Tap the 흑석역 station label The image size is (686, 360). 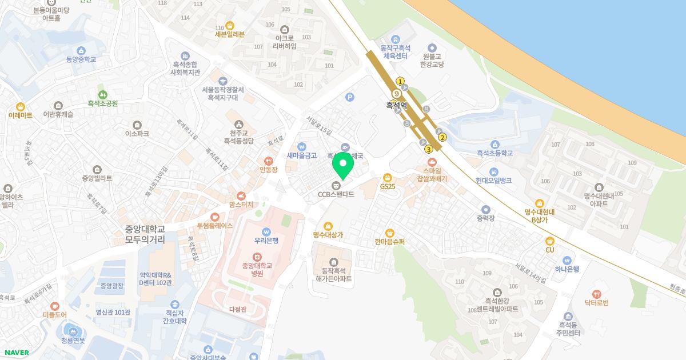pyautogui.click(x=396, y=105)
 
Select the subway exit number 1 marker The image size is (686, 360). pyautogui.click(x=400, y=81)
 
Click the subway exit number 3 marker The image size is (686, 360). pyautogui.click(x=428, y=149)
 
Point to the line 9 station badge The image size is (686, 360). pyautogui.click(x=396, y=94)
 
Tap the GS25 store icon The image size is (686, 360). pyautogui.click(x=388, y=177)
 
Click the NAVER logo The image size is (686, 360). pyautogui.click(x=16, y=353)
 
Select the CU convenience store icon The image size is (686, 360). pyautogui.click(x=550, y=241)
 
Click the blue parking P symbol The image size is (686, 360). pyautogui.click(x=350, y=97)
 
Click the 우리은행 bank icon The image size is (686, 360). pyautogui.click(x=266, y=231)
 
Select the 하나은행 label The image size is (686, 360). pyautogui.click(x=567, y=269)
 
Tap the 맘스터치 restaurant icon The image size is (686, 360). pyautogui.click(x=241, y=196)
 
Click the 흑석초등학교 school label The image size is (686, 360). pyautogui.click(x=494, y=153)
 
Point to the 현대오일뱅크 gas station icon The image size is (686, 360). pyautogui.click(x=493, y=171)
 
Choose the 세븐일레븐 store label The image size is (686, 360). pyautogui.click(x=229, y=34)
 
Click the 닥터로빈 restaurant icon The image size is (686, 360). pyautogui.click(x=597, y=294)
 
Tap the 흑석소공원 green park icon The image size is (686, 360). pyautogui.click(x=102, y=94)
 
